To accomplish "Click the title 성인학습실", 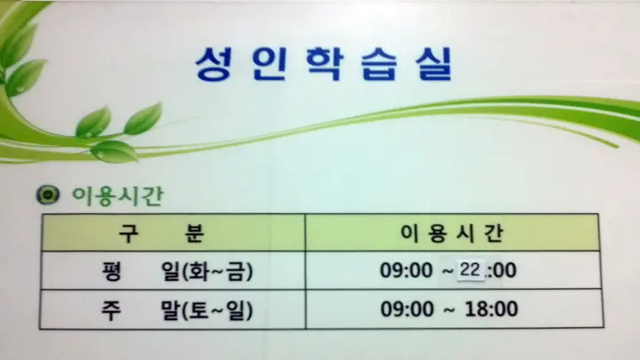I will [x=324, y=62].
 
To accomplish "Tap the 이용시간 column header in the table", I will [x=452, y=233].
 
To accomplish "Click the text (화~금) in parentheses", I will [x=218, y=271].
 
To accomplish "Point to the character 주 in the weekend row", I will [x=111, y=309].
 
